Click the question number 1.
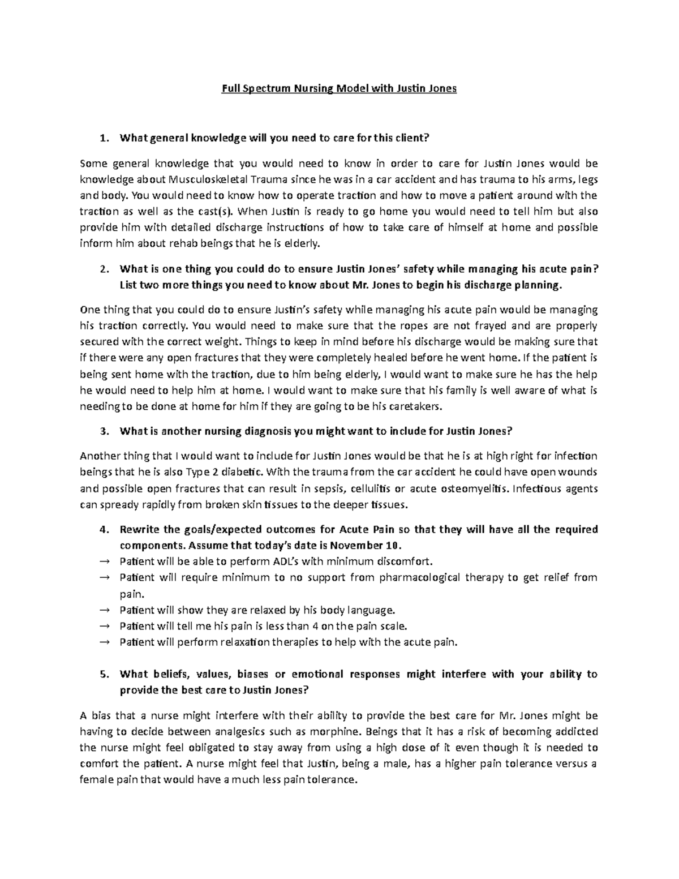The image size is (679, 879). (x=102, y=138)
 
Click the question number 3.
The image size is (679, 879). (x=102, y=431)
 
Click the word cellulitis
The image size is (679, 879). (x=373, y=488)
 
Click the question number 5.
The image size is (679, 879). (x=102, y=675)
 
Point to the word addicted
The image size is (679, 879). (x=577, y=731)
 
